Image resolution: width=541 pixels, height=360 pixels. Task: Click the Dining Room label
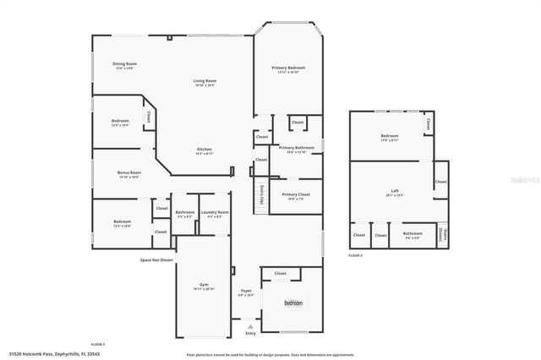click(x=125, y=65)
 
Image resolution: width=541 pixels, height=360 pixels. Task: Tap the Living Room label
click(x=205, y=82)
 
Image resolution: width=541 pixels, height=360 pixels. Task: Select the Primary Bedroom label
click(x=287, y=69)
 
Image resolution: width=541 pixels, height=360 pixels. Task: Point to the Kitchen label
click(x=204, y=150)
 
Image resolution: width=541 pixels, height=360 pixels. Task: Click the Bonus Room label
click(x=128, y=174)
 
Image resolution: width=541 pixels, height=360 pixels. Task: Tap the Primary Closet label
click(x=297, y=196)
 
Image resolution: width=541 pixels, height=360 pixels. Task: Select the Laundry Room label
click(x=214, y=213)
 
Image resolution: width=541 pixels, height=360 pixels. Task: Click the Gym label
click(x=204, y=285)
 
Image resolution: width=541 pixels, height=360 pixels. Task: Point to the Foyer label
click(x=246, y=292)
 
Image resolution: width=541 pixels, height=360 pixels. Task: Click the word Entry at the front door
click(x=249, y=333)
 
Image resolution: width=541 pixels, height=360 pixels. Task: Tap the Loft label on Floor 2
click(x=394, y=192)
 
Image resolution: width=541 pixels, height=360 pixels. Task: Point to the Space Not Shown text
click(x=157, y=260)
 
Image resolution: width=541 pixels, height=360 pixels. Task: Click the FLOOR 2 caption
click(x=355, y=255)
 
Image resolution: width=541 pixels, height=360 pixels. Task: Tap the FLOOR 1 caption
click(x=98, y=345)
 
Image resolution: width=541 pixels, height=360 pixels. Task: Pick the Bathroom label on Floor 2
click(x=413, y=234)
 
